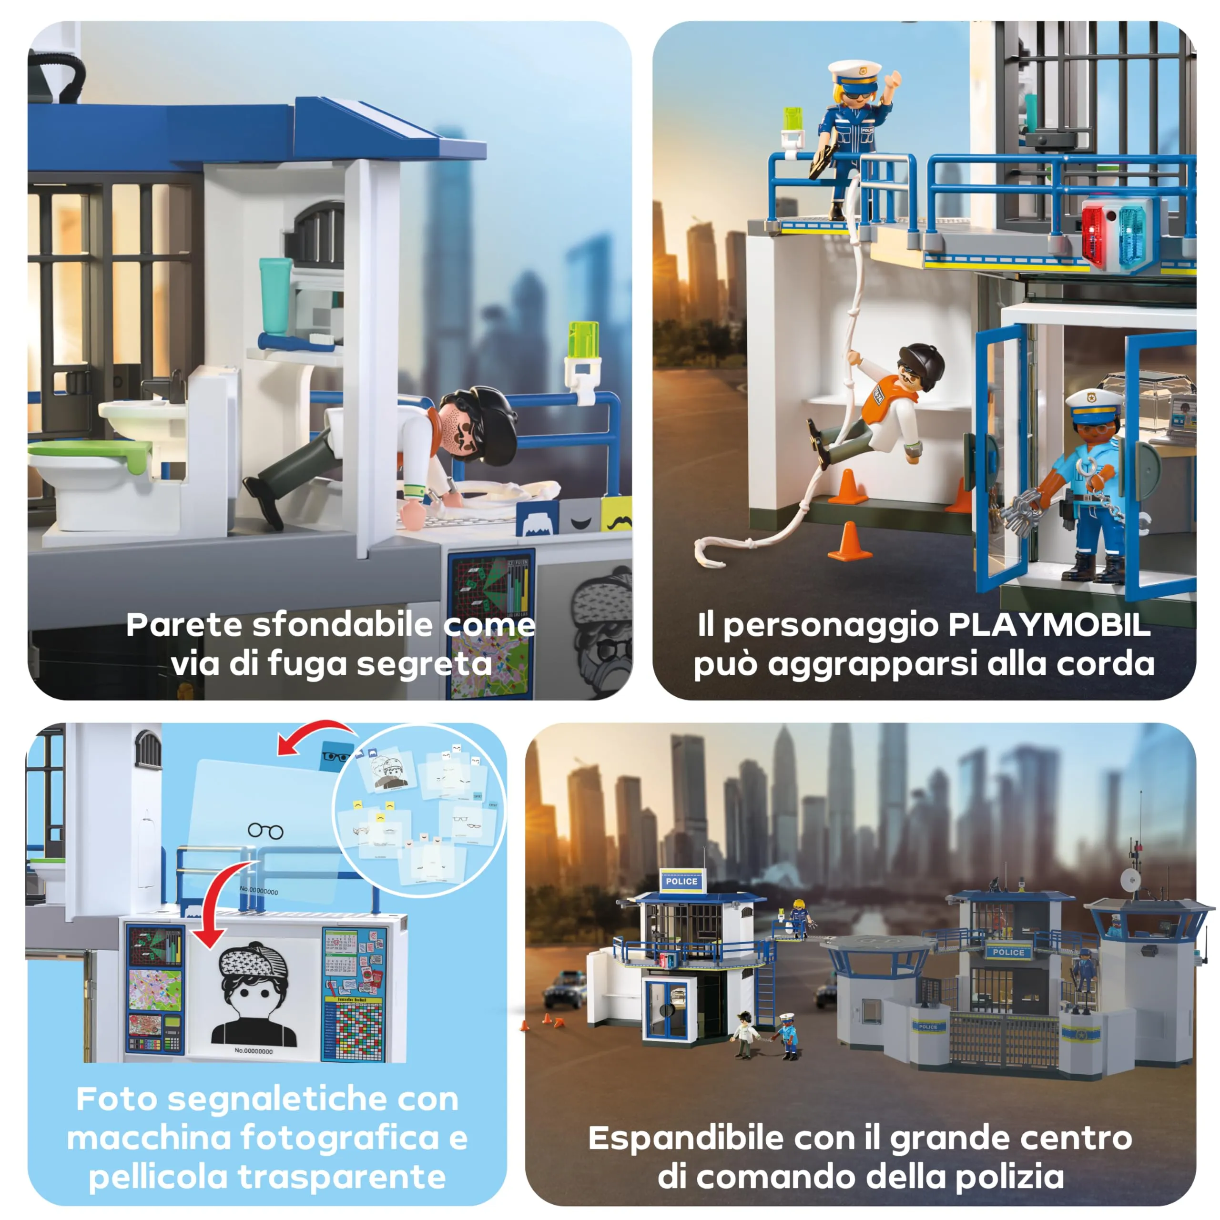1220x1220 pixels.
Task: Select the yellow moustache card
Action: click(x=616, y=515)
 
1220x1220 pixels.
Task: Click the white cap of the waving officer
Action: click(x=854, y=72)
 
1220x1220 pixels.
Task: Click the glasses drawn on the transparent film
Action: click(x=265, y=830)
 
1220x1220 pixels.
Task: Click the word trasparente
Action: click(x=342, y=1177)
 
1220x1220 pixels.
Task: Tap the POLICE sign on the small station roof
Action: click(x=681, y=882)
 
